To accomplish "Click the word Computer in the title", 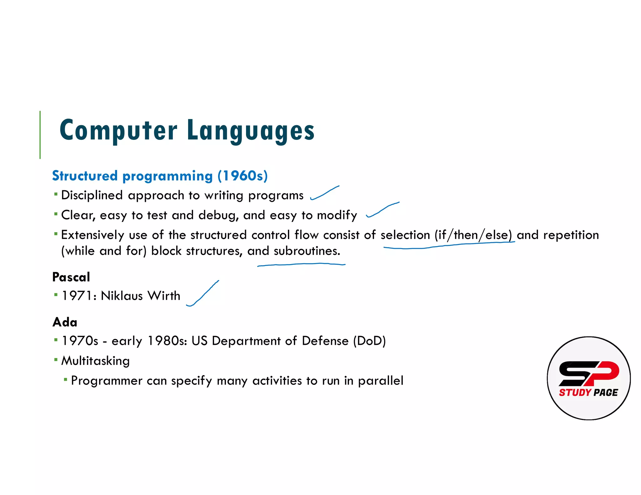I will point(118,130).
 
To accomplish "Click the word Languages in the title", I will point(251,131).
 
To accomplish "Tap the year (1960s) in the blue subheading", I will point(243,176).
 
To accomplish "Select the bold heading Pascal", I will point(71,277).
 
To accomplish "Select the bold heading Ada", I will point(65,322).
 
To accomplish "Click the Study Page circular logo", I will point(588,378).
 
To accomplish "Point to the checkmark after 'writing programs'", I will point(324,193).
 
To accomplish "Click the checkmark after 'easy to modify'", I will point(382,209).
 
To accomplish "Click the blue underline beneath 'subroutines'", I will point(301,264).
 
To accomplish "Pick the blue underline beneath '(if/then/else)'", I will point(449,245).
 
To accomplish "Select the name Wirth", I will point(164,296).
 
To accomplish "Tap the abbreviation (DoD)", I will point(369,341).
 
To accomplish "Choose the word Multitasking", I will point(95,361).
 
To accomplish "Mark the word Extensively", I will point(92,235).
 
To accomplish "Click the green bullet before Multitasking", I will point(56,360).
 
